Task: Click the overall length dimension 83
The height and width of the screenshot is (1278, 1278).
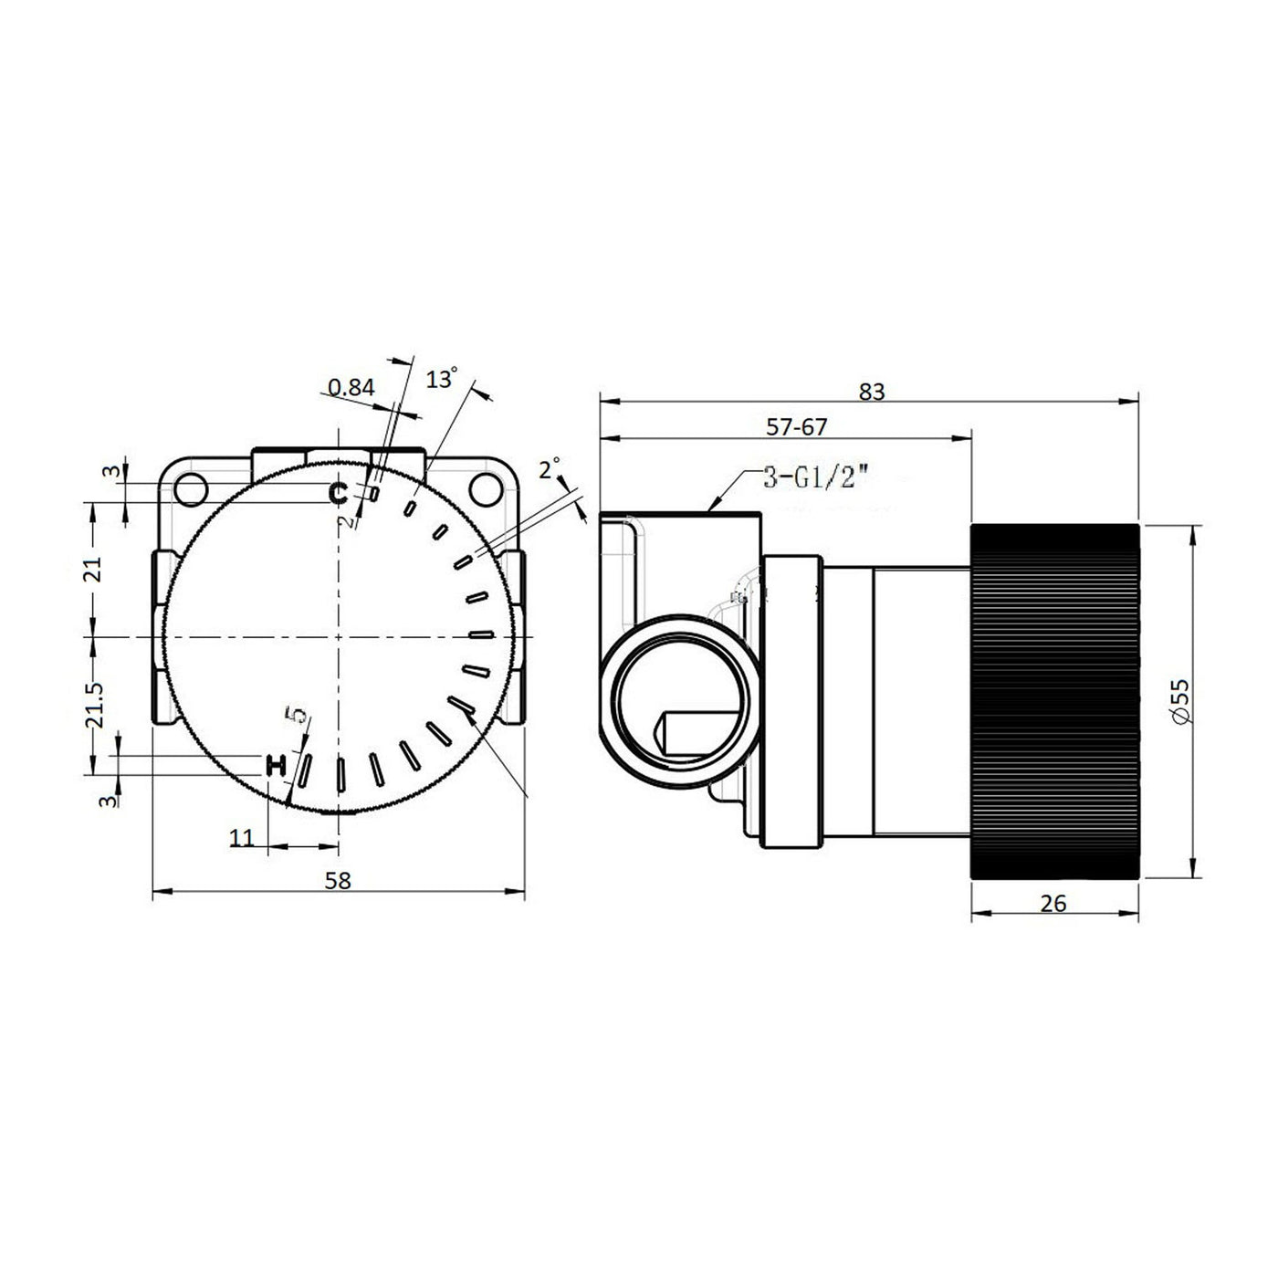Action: click(x=872, y=392)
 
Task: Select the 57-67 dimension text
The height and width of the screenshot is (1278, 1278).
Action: click(x=797, y=427)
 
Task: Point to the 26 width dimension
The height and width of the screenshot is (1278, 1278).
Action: click(x=1053, y=904)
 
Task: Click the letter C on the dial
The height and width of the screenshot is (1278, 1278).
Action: click(x=339, y=493)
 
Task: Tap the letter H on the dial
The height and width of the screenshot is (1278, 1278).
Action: click(x=275, y=765)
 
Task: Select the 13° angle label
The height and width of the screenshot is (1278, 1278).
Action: click(x=442, y=379)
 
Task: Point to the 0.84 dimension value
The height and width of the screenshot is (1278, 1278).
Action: click(x=351, y=387)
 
